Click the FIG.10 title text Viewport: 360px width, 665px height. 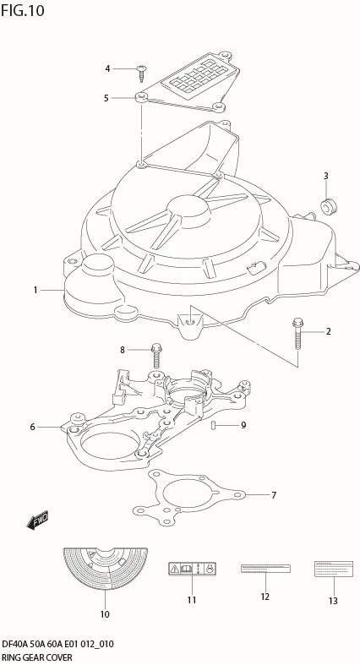(23, 11)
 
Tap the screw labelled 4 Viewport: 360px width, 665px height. (141, 74)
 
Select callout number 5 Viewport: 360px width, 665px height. (106, 98)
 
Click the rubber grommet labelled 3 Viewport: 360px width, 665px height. (328, 206)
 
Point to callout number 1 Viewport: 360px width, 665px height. (35, 290)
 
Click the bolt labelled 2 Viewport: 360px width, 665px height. (297, 335)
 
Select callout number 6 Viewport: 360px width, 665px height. (33, 427)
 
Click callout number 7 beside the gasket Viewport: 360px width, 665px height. (274, 495)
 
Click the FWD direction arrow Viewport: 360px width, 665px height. (38, 520)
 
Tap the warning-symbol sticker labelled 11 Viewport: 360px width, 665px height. (193, 569)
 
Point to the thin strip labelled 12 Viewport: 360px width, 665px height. (265, 569)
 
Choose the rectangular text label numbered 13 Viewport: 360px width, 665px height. (333, 569)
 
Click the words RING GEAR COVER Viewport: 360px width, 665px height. (36, 657)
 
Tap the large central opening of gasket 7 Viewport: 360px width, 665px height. (185, 492)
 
